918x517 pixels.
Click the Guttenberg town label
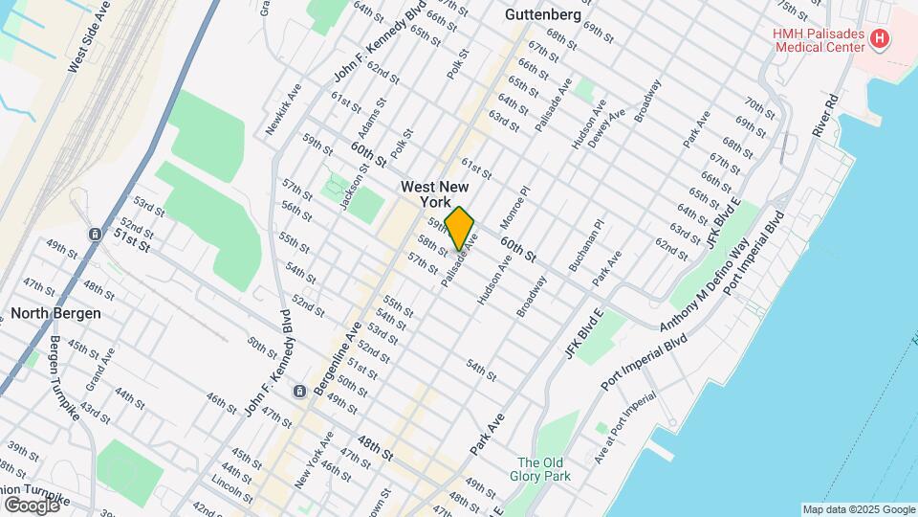542,15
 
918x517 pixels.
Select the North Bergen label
56,313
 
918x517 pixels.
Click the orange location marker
460,229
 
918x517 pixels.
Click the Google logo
32,505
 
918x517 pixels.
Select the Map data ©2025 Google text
857,509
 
